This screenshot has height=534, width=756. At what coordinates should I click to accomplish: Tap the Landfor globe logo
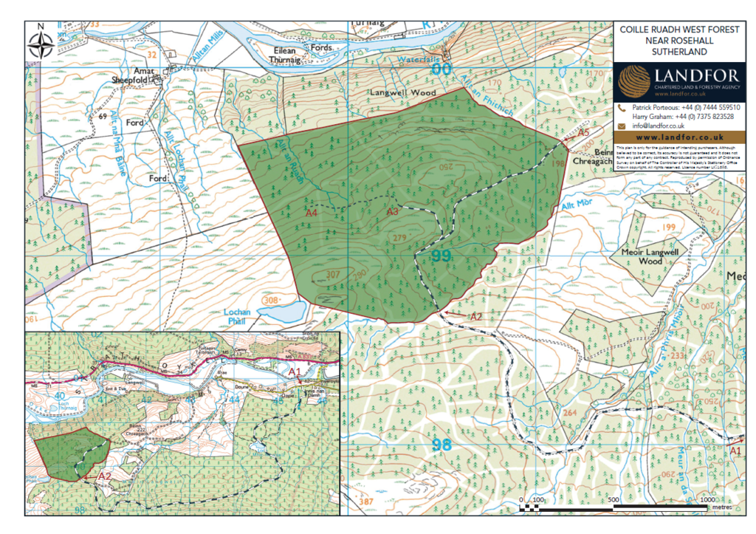click(634, 80)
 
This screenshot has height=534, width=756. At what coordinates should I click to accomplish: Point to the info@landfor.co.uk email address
click(658, 126)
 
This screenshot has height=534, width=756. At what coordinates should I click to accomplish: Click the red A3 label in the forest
click(393, 212)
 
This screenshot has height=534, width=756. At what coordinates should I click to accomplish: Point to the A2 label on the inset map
click(104, 477)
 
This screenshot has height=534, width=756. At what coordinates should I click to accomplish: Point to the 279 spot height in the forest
click(400, 236)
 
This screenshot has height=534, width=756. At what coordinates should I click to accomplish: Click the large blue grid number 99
click(441, 256)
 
